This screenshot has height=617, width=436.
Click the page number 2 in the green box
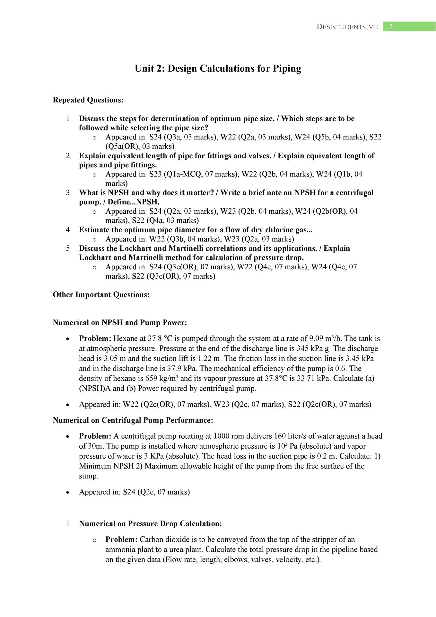point(390,27)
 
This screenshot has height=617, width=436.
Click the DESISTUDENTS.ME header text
point(347,27)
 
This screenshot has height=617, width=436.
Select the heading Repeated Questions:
point(88,100)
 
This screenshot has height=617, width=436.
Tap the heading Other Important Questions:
point(101,295)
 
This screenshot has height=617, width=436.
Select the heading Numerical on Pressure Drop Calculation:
point(151,523)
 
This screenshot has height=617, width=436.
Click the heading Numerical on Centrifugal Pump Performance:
point(133,420)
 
